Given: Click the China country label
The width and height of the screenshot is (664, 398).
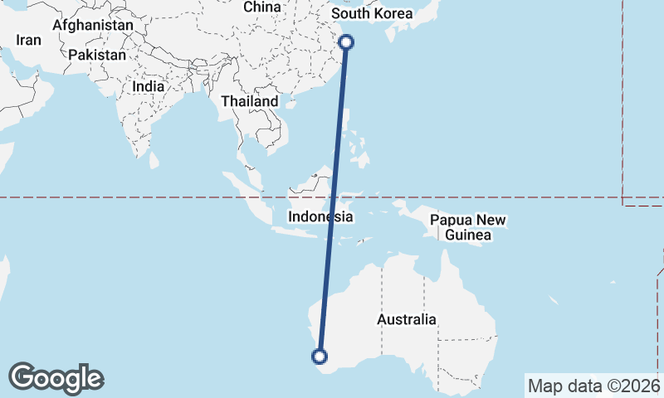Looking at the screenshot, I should [263, 7].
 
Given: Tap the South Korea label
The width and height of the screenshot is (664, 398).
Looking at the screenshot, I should [371, 14].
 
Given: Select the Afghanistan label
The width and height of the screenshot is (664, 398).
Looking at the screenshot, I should [92, 26].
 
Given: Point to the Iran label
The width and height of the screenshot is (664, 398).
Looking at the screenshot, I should [29, 40].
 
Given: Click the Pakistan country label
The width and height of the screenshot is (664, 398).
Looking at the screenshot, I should [97, 55].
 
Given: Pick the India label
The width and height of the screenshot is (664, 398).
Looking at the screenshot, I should [148, 86].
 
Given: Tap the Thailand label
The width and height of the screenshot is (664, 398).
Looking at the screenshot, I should [249, 101].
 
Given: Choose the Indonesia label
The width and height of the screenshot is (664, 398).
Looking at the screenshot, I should [321, 217].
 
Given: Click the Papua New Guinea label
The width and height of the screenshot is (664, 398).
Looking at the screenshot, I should [468, 228].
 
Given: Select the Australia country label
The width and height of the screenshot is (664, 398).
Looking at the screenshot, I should [406, 319].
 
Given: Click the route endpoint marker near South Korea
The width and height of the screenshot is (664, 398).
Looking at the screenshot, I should [347, 42].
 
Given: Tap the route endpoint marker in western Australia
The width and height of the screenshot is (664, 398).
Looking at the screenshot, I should [319, 357].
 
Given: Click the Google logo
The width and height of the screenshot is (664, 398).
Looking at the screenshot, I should [56, 378].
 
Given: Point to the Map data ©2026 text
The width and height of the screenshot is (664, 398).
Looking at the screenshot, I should [593, 386].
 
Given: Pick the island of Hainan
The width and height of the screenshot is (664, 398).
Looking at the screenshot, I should [290, 104].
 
